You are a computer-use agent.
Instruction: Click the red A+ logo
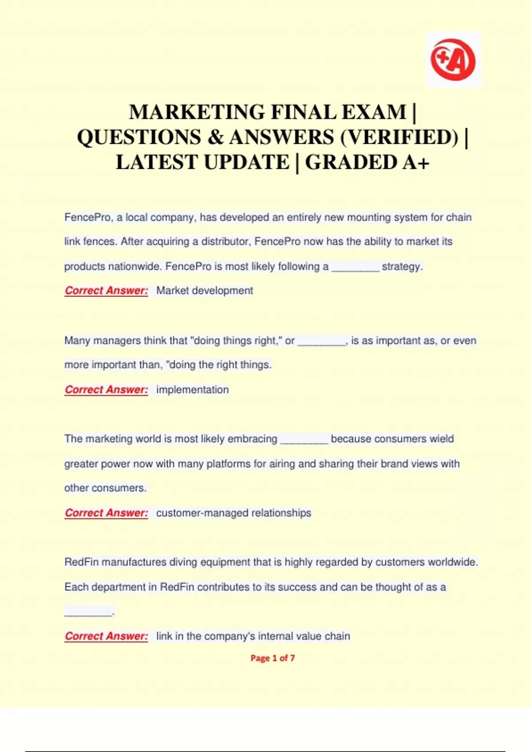pos(453,60)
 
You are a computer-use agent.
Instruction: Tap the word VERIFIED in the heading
pos(399,137)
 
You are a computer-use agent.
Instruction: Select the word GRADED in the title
pos(351,162)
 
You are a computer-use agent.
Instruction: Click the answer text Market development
pos(204,291)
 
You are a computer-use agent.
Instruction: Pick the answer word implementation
pos(192,390)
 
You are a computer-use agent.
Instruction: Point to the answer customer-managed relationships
pos(234,513)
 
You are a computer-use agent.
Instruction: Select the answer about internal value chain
pos(253,636)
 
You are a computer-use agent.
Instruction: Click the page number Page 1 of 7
pos(273,658)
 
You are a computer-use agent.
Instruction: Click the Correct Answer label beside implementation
pos(106,390)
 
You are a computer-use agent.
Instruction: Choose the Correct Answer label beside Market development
pos(106,291)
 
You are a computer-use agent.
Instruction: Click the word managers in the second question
pos(114,341)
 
